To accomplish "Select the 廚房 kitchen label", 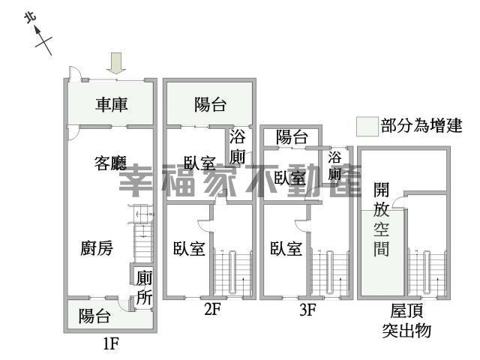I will [97, 248].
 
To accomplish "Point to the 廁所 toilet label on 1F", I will [144, 286].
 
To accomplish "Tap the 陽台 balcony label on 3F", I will [292, 137].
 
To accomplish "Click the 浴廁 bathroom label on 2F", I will [238, 147].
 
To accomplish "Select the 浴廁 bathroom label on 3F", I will [334, 166].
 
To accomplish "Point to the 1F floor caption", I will [111, 345].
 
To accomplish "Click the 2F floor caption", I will [212, 309].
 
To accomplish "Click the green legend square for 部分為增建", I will [366, 126].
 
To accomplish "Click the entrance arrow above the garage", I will [115, 63].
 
